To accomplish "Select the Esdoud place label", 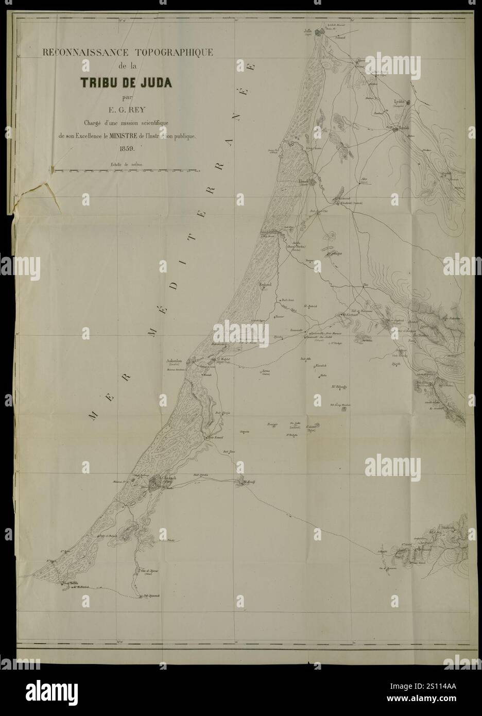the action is click(265, 284).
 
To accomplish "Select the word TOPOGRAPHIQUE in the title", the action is click(170, 52).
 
